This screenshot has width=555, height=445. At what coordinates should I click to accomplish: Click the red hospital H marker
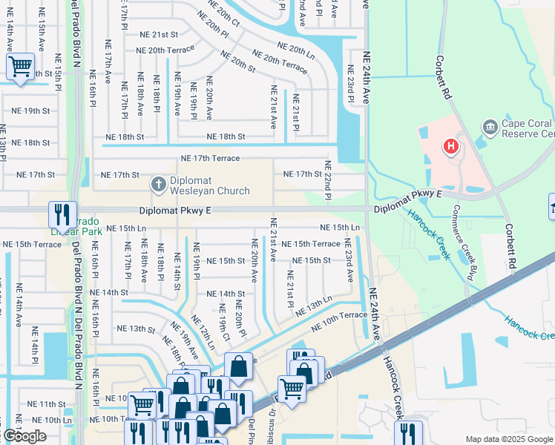click(x=450, y=147)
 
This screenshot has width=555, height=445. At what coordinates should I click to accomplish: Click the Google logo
click(x=24, y=436)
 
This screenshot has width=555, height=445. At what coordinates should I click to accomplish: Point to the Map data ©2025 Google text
click(x=509, y=439)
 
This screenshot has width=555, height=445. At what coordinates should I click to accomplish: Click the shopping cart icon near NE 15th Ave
click(x=20, y=67)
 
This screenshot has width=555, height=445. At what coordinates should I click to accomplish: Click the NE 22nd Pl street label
click(x=327, y=179)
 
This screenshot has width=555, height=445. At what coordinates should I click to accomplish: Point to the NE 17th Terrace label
click(x=211, y=158)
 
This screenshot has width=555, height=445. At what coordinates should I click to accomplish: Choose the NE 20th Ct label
click(x=224, y=13)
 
